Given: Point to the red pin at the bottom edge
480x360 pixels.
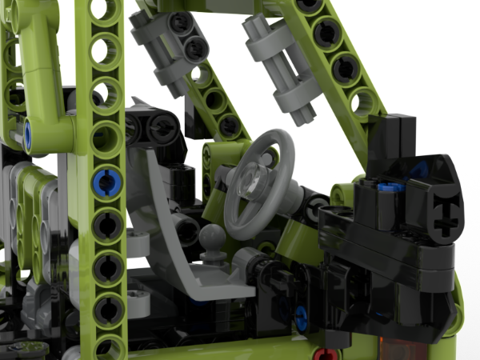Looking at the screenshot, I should point(321,353).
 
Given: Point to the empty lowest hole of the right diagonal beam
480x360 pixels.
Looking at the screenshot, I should point(365,102).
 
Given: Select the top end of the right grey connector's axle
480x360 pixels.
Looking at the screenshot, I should point(254,28).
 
